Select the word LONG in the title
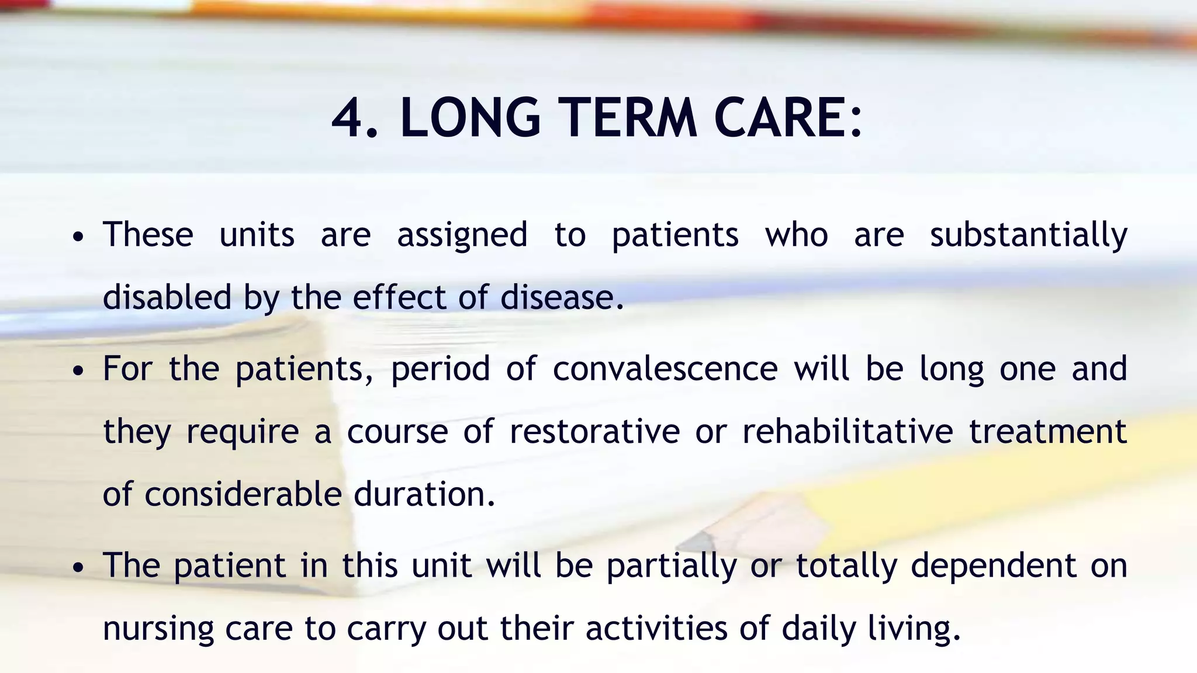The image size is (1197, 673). pos(471,118)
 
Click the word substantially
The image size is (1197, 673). pos(1028,235)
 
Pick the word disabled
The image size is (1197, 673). pos(167,297)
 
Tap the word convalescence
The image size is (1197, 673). pos(665,369)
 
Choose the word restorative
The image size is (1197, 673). pos(594,432)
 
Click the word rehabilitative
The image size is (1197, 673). pos(847,432)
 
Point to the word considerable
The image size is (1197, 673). pos(243,494)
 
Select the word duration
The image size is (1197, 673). pos(420,494)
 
